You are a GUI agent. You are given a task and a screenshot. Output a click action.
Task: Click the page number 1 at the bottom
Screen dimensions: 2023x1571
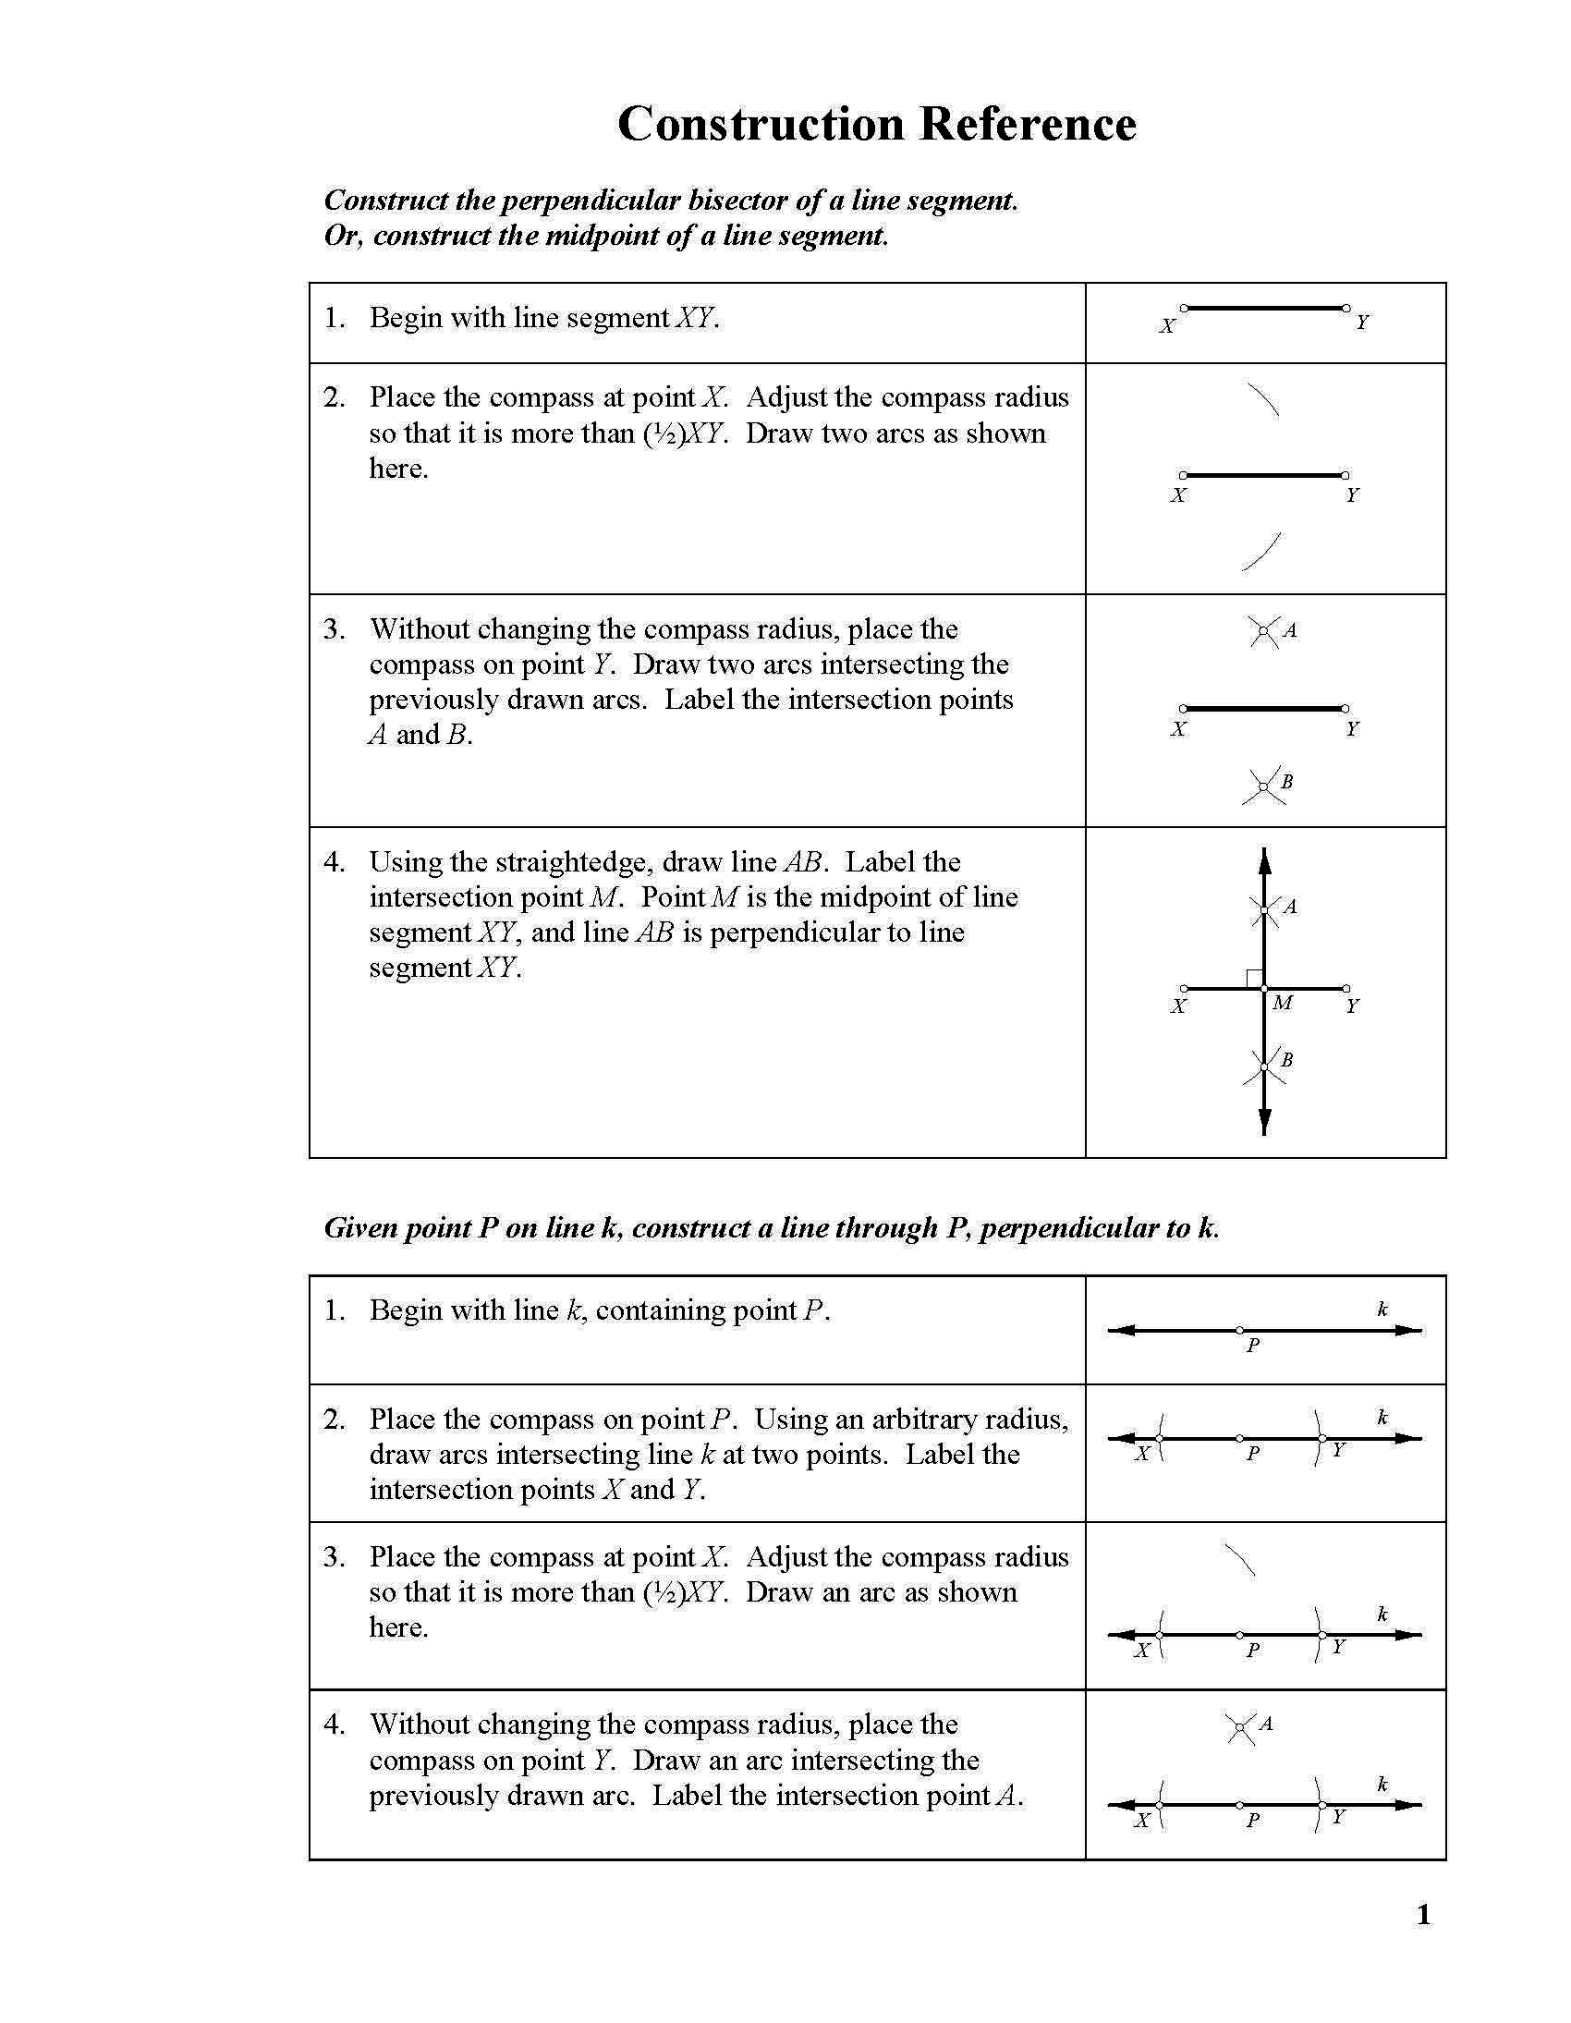pyautogui.click(x=1424, y=1915)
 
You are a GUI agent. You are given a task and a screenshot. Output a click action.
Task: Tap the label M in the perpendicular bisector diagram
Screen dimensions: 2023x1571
pyautogui.click(x=1282, y=1002)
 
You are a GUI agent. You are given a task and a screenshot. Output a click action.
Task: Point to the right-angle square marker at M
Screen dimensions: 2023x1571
pyautogui.click(x=1254, y=978)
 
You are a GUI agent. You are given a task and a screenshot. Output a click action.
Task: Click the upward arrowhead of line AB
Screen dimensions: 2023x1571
pyautogui.click(x=1264, y=860)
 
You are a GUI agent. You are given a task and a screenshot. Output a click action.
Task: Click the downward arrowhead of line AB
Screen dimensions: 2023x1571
pyautogui.click(x=1264, y=1122)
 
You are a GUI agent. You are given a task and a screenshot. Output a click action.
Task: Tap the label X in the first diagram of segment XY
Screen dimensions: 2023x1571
pyautogui.click(x=1167, y=326)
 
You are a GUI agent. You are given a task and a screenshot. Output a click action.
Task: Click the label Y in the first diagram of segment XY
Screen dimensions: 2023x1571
pyautogui.click(x=1361, y=323)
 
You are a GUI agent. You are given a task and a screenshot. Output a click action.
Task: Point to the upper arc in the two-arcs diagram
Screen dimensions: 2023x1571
pyautogui.click(x=1263, y=400)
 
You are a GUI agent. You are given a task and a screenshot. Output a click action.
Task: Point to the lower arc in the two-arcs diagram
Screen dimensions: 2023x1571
pyautogui.click(x=1261, y=552)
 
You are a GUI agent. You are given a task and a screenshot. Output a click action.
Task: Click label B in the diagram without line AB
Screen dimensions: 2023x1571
pyautogui.click(x=1286, y=782)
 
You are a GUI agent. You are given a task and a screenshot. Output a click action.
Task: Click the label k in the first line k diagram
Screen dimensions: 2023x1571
pyautogui.click(x=1382, y=1309)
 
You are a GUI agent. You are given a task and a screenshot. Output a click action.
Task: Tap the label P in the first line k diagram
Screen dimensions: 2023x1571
pyautogui.click(x=1252, y=1346)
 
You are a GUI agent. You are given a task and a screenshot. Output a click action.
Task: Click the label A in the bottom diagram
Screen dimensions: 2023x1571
pyautogui.click(x=1266, y=1724)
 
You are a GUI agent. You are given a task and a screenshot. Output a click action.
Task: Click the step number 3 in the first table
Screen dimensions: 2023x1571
pyautogui.click(x=333, y=629)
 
